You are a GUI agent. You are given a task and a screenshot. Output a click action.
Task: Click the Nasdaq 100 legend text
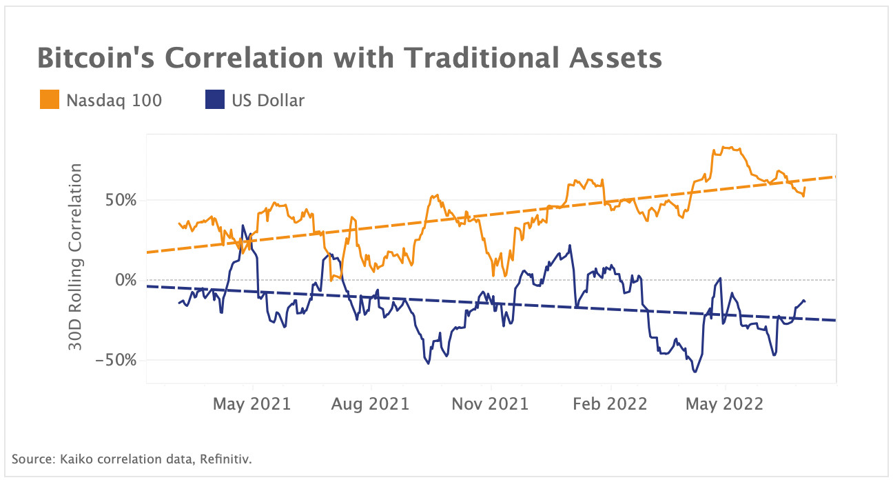[114, 101]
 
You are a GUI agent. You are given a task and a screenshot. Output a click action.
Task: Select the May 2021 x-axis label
[253, 403]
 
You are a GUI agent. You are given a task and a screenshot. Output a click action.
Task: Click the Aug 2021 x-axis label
[371, 403]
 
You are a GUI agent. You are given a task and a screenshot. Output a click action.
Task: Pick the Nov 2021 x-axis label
[490, 403]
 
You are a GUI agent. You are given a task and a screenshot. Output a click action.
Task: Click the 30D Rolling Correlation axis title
[76, 257]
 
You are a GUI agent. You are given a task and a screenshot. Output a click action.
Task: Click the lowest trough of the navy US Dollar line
[695, 372]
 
